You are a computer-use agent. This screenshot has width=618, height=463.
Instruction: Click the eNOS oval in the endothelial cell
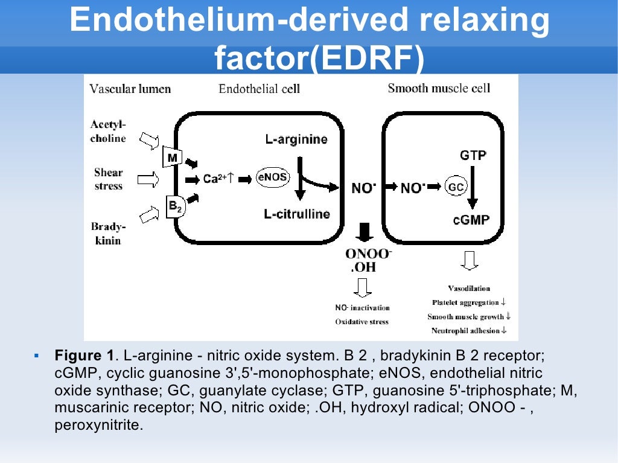coord(273,177)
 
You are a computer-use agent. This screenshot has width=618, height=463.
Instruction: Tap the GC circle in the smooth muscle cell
coord(456,187)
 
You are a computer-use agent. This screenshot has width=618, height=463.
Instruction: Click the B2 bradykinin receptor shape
coord(174,206)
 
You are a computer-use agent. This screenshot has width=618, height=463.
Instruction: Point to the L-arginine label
coord(296,139)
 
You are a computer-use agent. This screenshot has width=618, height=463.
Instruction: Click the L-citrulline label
coord(297,214)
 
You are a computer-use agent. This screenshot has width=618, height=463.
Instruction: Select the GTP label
coord(473,155)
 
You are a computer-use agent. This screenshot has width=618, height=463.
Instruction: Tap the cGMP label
coord(471,220)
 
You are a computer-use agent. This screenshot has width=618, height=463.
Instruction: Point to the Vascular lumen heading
coord(130,89)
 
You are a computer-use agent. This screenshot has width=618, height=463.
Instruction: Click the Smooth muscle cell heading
coord(439,88)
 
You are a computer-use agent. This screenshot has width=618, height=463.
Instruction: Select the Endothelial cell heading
coord(259,89)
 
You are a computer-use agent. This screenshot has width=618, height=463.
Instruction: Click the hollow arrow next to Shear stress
coord(148,179)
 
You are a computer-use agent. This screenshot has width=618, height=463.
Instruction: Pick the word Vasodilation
coord(469,289)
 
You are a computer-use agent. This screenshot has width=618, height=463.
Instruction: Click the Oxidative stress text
coord(362,322)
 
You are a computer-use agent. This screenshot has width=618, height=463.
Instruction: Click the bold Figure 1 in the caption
coord(83,356)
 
